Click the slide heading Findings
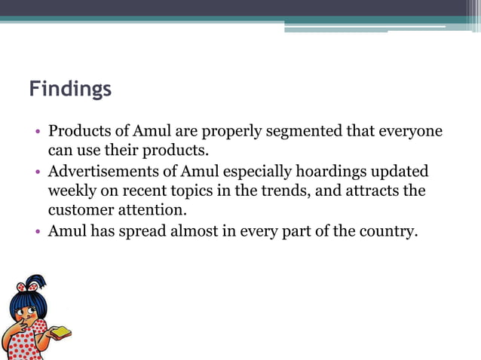tap(70, 90)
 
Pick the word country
tap(386, 230)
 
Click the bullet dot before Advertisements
tap(38, 171)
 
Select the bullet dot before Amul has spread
tap(38, 230)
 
